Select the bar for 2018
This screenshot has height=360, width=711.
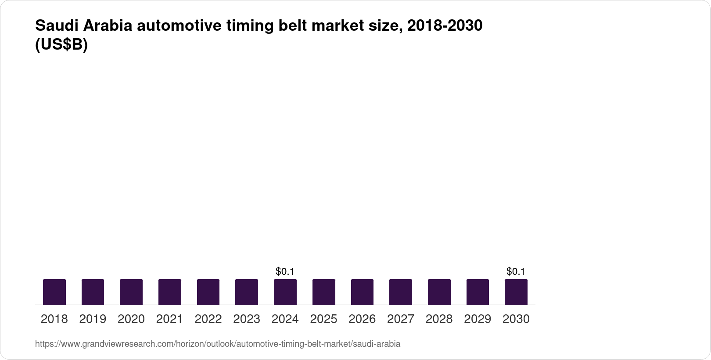pyautogui.click(x=54, y=292)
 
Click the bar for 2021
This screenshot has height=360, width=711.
pyautogui.click(x=170, y=292)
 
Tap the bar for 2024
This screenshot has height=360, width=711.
pyautogui.click(x=285, y=292)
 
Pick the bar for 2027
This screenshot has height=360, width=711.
pyautogui.click(x=401, y=292)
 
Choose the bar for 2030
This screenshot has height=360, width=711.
pyautogui.click(x=516, y=292)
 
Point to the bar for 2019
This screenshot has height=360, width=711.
pyautogui.click(x=93, y=292)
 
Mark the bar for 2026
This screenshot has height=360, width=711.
pyautogui.click(x=362, y=292)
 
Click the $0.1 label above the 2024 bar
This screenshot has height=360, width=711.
pyautogui.click(x=285, y=272)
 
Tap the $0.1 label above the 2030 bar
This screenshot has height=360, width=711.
pyautogui.click(x=516, y=272)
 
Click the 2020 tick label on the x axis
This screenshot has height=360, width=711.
pyautogui.click(x=131, y=319)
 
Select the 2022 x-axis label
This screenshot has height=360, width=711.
pyautogui.click(x=208, y=319)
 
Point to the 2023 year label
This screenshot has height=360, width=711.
pyautogui.click(x=247, y=319)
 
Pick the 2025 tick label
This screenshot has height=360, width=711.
pyautogui.click(x=323, y=319)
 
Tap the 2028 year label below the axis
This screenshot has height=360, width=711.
pyautogui.click(x=439, y=319)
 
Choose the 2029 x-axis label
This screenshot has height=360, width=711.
pyautogui.click(x=478, y=319)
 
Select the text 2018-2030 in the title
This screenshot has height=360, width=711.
pyautogui.click(x=445, y=26)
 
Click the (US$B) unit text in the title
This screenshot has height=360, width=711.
pyautogui.click(x=61, y=45)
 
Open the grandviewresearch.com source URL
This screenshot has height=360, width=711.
pyautogui.click(x=218, y=344)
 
